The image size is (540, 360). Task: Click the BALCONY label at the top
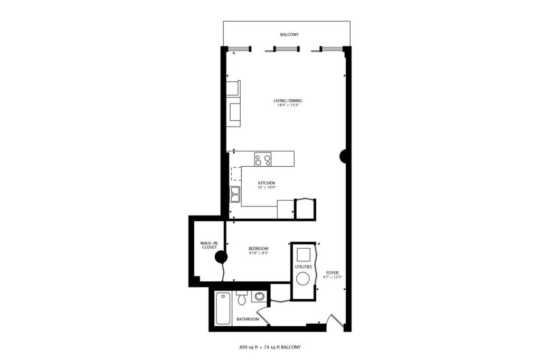click(289, 35)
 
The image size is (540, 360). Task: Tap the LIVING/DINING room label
click(288, 101)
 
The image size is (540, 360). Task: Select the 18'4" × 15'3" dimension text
click(288, 106)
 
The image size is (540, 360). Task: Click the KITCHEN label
click(267, 183)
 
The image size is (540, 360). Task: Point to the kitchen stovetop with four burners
click(263, 159)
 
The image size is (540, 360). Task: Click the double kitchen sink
click(235, 195)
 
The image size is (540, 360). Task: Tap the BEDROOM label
click(258, 249)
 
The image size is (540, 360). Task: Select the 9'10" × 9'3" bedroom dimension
click(258, 253)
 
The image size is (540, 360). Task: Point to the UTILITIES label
click(304, 267)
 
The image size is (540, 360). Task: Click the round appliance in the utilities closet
click(303, 279)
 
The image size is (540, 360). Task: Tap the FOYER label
click(333, 273)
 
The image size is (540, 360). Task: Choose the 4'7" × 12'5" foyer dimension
click(333, 277)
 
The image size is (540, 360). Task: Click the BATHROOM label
click(248, 319)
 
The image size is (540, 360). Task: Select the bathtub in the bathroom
click(223, 308)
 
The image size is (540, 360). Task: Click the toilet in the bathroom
click(242, 298)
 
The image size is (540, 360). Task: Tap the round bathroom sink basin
click(259, 296)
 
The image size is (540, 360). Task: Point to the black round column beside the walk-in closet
click(221, 257)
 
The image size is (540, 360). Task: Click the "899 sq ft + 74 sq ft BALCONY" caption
click(270, 347)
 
